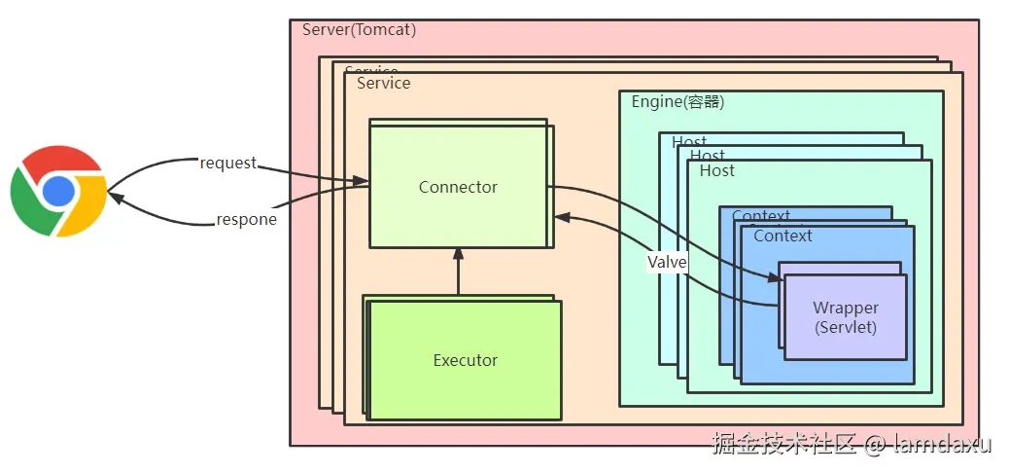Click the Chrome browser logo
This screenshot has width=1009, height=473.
[x=58, y=190]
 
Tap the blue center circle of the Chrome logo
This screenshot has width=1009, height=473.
[x=58, y=191]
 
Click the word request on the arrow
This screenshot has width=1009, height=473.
[x=227, y=163]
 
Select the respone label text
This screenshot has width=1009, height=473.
[x=246, y=219]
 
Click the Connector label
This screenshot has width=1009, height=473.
[x=458, y=187]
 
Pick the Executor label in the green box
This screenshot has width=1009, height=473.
[x=465, y=360]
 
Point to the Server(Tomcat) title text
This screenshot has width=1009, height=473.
[x=359, y=29]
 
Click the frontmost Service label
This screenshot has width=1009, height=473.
[x=383, y=84]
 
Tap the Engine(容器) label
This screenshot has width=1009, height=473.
[x=678, y=102]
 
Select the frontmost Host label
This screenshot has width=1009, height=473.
[x=717, y=171]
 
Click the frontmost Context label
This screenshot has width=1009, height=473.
[x=783, y=236]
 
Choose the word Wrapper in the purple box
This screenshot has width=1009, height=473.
[x=846, y=308]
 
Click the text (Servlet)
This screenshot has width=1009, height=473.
[x=846, y=327]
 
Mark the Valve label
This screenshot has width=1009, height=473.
[x=668, y=262]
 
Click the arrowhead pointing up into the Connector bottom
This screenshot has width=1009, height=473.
[x=458, y=253]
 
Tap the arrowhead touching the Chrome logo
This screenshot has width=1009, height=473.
[x=115, y=197]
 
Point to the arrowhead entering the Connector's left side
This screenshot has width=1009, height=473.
[x=362, y=181]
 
